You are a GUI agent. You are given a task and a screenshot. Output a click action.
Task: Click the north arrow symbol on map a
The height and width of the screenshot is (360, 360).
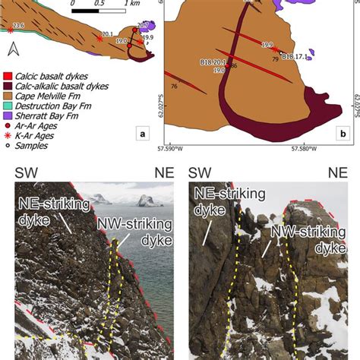12,51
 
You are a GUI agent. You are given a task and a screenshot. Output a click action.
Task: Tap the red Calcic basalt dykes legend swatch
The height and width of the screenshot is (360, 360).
8,75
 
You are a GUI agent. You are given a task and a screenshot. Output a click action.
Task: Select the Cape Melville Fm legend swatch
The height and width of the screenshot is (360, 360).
8,96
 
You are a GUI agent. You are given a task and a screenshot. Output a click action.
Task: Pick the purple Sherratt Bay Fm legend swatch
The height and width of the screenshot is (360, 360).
8,116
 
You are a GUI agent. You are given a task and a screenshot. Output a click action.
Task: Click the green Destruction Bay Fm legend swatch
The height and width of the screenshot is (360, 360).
8,106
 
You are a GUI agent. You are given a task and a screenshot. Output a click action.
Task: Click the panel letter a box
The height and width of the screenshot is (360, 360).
142,135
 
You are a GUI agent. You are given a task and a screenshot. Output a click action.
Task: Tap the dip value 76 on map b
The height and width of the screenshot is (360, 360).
175,87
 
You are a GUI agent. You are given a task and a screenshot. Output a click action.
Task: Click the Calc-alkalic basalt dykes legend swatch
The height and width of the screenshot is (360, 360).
8,86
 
